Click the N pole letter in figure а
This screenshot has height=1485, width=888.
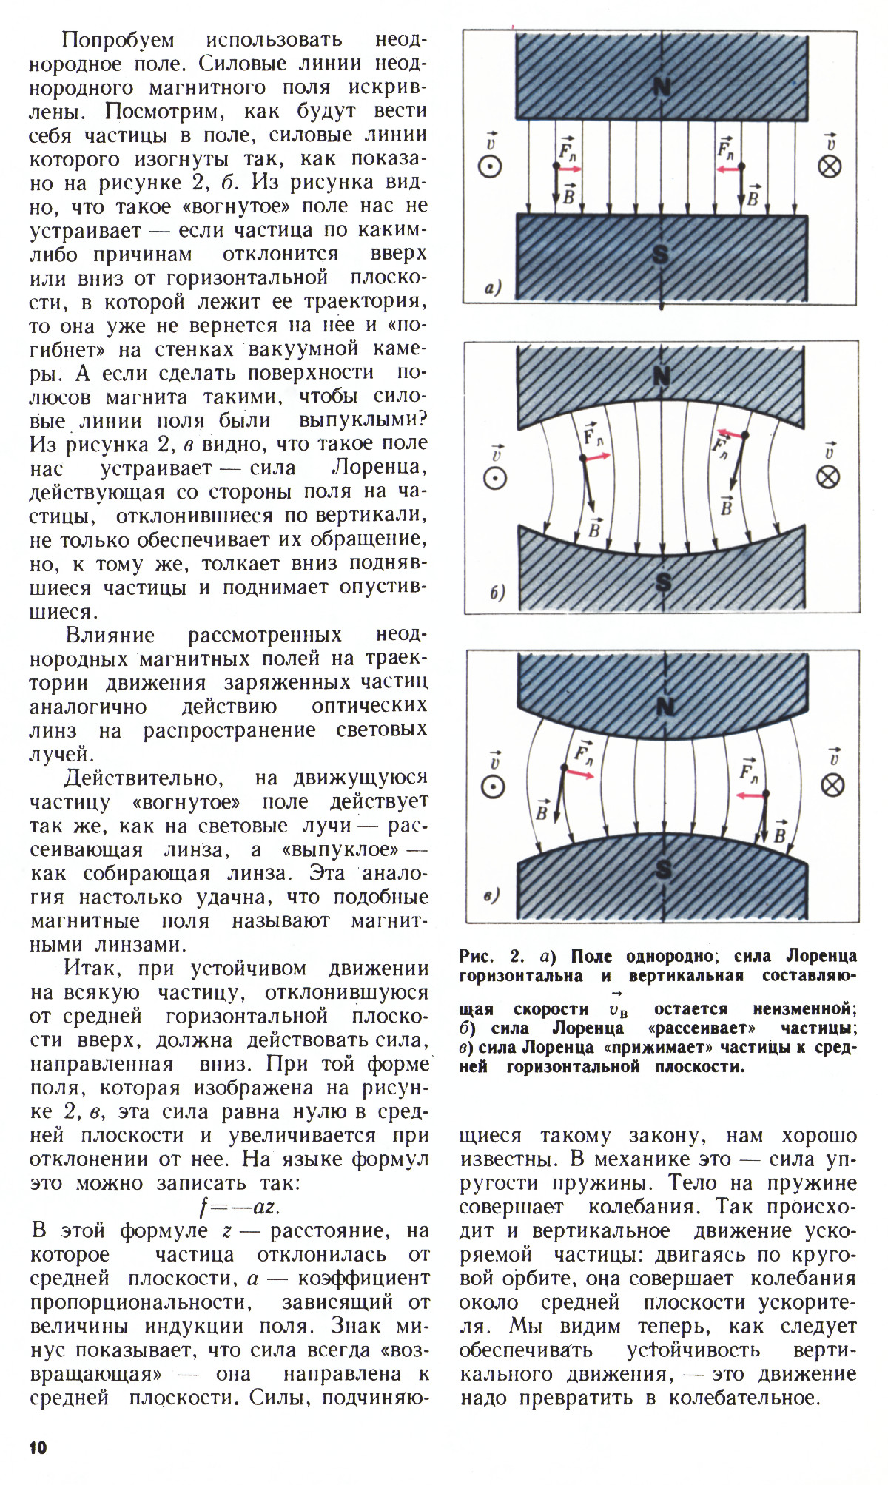coord(661,88)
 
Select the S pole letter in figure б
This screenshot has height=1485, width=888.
coord(664,583)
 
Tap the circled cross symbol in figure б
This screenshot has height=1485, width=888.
coord(828,477)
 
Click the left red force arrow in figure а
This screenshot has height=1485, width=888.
coord(570,169)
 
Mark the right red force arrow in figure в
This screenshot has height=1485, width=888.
coord(750,795)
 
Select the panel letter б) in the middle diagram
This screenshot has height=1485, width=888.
coord(497,593)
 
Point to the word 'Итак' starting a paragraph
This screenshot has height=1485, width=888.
coord(89,969)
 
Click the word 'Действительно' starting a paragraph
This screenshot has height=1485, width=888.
coord(143,778)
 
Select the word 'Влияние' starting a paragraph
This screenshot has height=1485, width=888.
coord(110,635)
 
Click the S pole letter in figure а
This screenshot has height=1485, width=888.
coord(661,255)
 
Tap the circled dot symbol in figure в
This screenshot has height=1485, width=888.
coord(492,787)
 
